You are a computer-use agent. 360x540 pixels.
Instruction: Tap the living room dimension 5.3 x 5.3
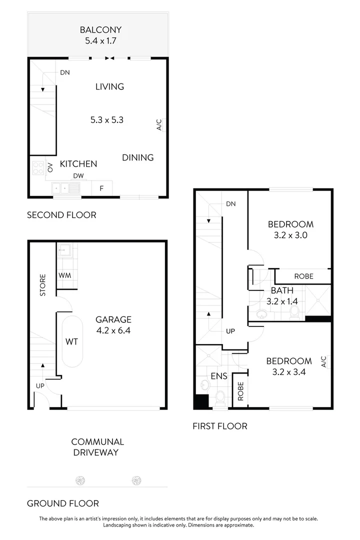click(106, 120)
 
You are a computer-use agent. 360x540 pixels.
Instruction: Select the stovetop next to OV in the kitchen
click(38, 168)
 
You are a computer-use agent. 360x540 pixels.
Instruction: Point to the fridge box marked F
click(101, 188)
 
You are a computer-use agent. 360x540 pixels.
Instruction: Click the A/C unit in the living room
click(159, 124)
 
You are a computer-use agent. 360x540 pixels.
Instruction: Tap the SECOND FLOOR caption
click(61, 215)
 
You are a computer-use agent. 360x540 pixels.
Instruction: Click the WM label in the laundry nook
click(64, 275)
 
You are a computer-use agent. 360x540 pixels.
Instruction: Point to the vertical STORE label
click(43, 284)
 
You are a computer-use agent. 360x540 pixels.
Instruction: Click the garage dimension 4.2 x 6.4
click(113, 330)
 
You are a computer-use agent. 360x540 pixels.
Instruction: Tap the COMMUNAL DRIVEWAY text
click(97, 447)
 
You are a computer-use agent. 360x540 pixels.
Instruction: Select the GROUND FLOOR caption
click(62, 503)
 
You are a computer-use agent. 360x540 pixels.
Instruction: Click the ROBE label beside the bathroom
click(303, 276)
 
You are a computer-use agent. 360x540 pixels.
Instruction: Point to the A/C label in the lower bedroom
click(323, 360)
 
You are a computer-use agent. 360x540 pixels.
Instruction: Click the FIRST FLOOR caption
click(220, 426)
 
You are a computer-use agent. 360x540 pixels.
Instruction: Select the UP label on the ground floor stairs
click(40, 385)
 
